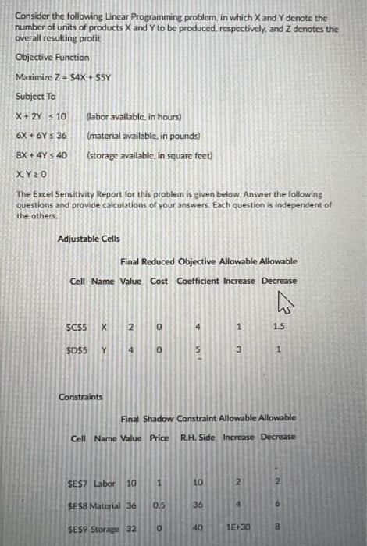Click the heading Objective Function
pos(52,58)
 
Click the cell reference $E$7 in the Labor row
pos(79,484)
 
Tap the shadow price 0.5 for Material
pos(159,505)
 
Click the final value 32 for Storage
pos(133,528)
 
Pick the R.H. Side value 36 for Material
pos(198,505)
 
